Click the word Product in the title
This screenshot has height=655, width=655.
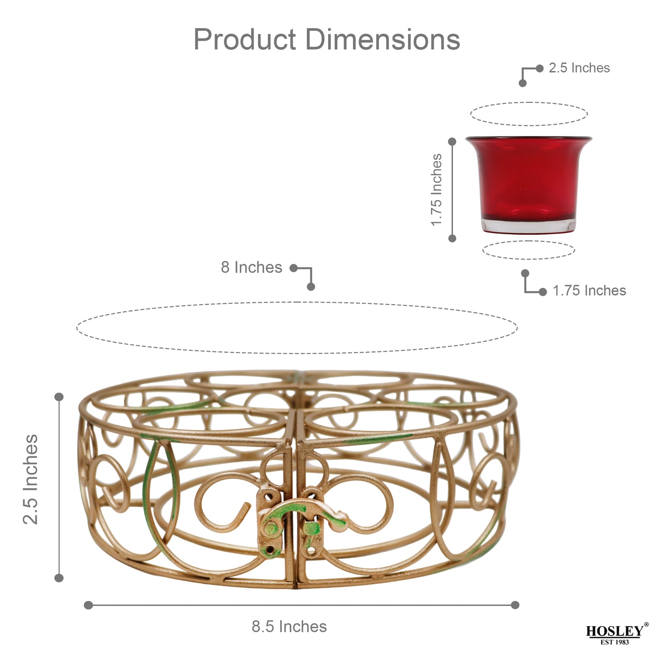(x=245, y=40)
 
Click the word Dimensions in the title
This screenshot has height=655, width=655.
(x=383, y=40)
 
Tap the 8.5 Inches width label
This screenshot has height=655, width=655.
(x=289, y=626)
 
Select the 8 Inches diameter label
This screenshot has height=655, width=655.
(x=252, y=267)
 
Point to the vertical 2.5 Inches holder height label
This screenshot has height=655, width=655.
(x=31, y=479)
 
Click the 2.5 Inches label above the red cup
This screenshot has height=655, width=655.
(x=579, y=68)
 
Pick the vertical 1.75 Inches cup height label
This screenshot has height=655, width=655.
(x=436, y=189)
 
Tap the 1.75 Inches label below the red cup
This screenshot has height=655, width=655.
(x=589, y=291)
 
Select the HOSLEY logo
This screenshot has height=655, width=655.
(x=615, y=631)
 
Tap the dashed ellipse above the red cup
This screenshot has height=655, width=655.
(x=529, y=103)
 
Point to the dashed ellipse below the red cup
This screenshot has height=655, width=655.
(x=529, y=259)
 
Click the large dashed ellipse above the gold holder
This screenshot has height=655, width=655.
(x=297, y=302)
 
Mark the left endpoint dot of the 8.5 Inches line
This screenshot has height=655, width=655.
(x=88, y=605)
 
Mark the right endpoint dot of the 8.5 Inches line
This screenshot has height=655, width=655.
(x=515, y=605)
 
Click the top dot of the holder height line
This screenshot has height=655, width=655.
(x=59, y=397)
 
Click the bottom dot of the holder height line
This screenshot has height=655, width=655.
(x=59, y=578)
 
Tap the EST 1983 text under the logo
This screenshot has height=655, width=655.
(x=615, y=642)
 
